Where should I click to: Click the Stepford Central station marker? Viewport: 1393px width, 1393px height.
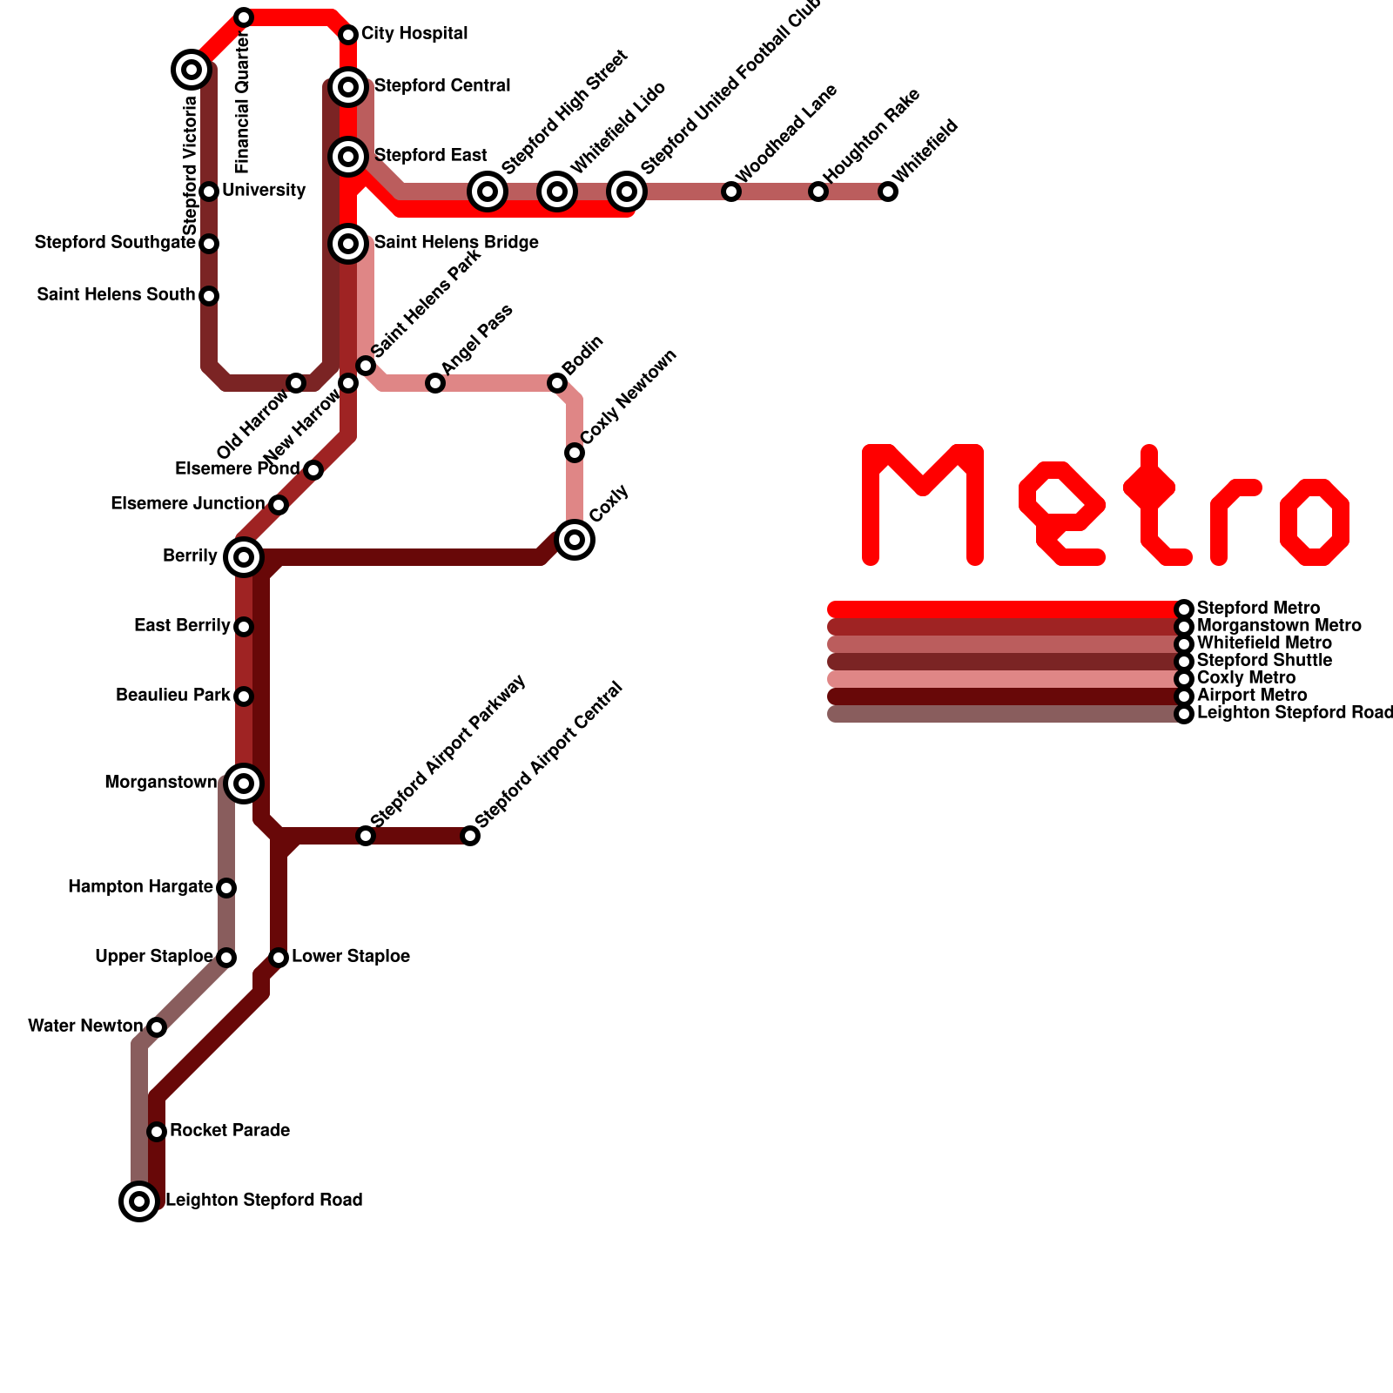click(x=348, y=87)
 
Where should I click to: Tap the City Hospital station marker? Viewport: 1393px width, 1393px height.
click(x=348, y=35)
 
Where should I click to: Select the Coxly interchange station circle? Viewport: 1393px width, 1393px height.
click(x=575, y=540)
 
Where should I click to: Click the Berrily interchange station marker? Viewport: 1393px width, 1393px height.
click(x=244, y=557)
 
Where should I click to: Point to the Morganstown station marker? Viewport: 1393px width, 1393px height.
click(x=244, y=784)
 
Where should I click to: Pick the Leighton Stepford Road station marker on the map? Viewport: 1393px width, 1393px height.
click(x=139, y=1201)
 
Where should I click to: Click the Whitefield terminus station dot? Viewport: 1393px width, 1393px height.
click(x=888, y=192)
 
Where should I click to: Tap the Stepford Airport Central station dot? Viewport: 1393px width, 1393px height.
click(x=470, y=836)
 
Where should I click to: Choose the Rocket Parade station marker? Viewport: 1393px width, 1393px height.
click(x=157, y=1132)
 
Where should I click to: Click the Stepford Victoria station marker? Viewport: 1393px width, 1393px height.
click(x=192, y=69)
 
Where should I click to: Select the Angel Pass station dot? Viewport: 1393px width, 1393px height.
click(x=435, y=383)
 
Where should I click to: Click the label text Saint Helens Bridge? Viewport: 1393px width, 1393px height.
click(x=456, y=243)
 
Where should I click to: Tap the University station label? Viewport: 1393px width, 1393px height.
click(x=264, y=191)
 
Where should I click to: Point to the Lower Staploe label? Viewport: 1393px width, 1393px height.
click(x=351, y=957)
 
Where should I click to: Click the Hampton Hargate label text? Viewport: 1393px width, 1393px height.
click(x=141, y=887)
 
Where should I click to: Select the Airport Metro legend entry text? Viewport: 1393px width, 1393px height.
click(x=1252, y=696)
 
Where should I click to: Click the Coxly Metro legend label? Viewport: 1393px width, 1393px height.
click(x=1246, y=678)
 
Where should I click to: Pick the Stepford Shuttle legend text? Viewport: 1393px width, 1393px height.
click(x=1264, y=661)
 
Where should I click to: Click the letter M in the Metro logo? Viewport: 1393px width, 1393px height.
click(x=923, y=505)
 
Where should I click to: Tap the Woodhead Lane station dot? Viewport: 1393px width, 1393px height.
click(x=731, y=192)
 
